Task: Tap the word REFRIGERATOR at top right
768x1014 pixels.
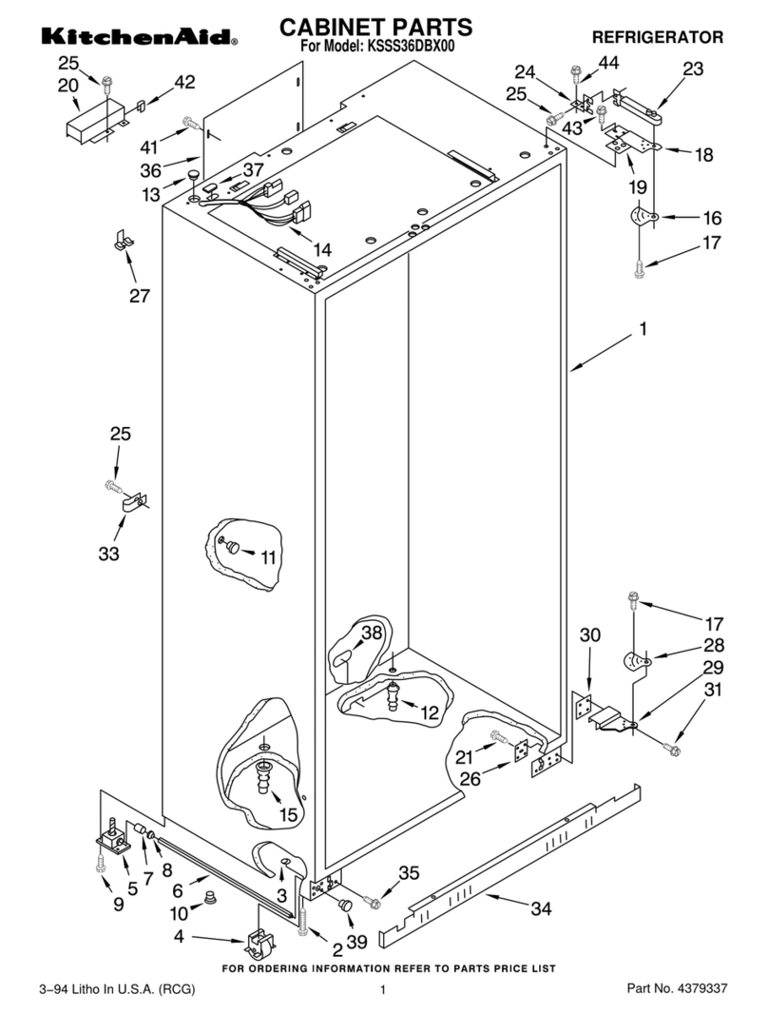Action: [657, 37]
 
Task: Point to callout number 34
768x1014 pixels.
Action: [540, 909]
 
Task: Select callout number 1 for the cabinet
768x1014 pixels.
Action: [643, 329]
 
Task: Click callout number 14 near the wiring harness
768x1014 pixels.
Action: [322, 250]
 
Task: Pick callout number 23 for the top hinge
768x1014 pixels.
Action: [693, 68]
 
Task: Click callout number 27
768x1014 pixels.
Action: [140, 296]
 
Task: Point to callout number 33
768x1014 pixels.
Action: [109, 553]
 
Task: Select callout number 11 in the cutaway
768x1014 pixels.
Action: [268, 558]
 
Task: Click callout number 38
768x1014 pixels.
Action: [372, 632]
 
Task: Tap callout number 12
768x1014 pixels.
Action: [430, 711]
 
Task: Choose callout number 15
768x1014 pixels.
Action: [288, 814]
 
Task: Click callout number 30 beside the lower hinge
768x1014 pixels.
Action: [590, 634]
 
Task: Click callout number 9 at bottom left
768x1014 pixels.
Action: [118, 905]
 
